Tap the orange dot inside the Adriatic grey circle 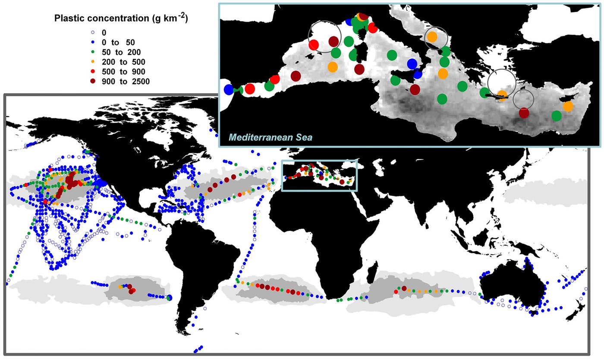pos(433,37)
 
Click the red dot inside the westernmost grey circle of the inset pos(314,45)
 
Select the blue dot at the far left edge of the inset pos(229,90)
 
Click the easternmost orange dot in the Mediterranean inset pos(568,106)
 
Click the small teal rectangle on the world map pos(319,175)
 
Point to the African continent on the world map pos(311,233)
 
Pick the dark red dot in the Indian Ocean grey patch pos(404,288)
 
